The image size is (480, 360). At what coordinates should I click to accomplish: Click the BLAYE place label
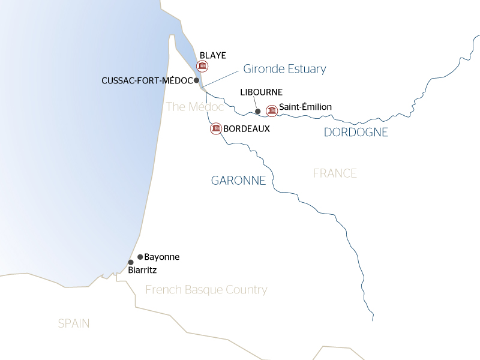212,55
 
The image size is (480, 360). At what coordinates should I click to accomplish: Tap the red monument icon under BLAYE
203,65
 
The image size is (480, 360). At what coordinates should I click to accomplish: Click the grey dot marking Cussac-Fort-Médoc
197,80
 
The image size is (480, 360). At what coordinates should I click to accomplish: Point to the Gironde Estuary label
284,69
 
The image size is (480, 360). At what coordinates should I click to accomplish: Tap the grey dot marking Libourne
257,111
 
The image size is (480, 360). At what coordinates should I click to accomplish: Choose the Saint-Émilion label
305,107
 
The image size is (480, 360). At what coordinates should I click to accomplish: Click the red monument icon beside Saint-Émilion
272,110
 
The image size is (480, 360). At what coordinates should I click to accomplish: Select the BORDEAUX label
246,128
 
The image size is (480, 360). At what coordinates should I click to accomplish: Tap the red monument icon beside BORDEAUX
215,128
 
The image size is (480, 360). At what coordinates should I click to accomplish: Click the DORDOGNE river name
356,133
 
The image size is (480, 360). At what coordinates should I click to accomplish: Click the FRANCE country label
335,173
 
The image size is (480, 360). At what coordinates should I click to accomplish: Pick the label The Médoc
194,107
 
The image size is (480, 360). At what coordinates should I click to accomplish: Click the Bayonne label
162,257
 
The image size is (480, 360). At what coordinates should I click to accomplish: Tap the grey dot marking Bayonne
140,257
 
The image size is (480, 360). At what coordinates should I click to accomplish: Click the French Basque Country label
206,290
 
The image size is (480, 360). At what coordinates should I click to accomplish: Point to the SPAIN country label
74,323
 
